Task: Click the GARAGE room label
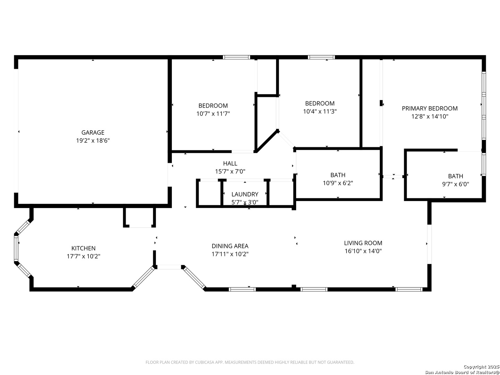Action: coord(93,132)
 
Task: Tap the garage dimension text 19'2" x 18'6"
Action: coord(93,141)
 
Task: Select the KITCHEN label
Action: coord(83,248)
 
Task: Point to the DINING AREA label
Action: coord(230,246)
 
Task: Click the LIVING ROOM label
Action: coord(363,243)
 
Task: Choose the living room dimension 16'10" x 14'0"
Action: coord(363,251)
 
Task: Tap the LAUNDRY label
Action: coord(245,194)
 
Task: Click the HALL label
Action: coord(230,163)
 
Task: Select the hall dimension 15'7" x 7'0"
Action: coord(230,171)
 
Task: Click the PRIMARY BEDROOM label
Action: coord(430,108)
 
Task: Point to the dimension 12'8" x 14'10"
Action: coord(430,116)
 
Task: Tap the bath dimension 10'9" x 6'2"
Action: coord(338,183)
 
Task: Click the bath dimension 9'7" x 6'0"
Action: coord(456,184)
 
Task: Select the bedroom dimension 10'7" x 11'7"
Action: coord(213,114)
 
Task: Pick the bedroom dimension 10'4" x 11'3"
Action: coord(320,111)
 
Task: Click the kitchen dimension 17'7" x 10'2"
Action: coord(83,256)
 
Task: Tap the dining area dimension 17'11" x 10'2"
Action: coord(230,254)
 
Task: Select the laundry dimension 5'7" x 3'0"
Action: coord(245,202)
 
